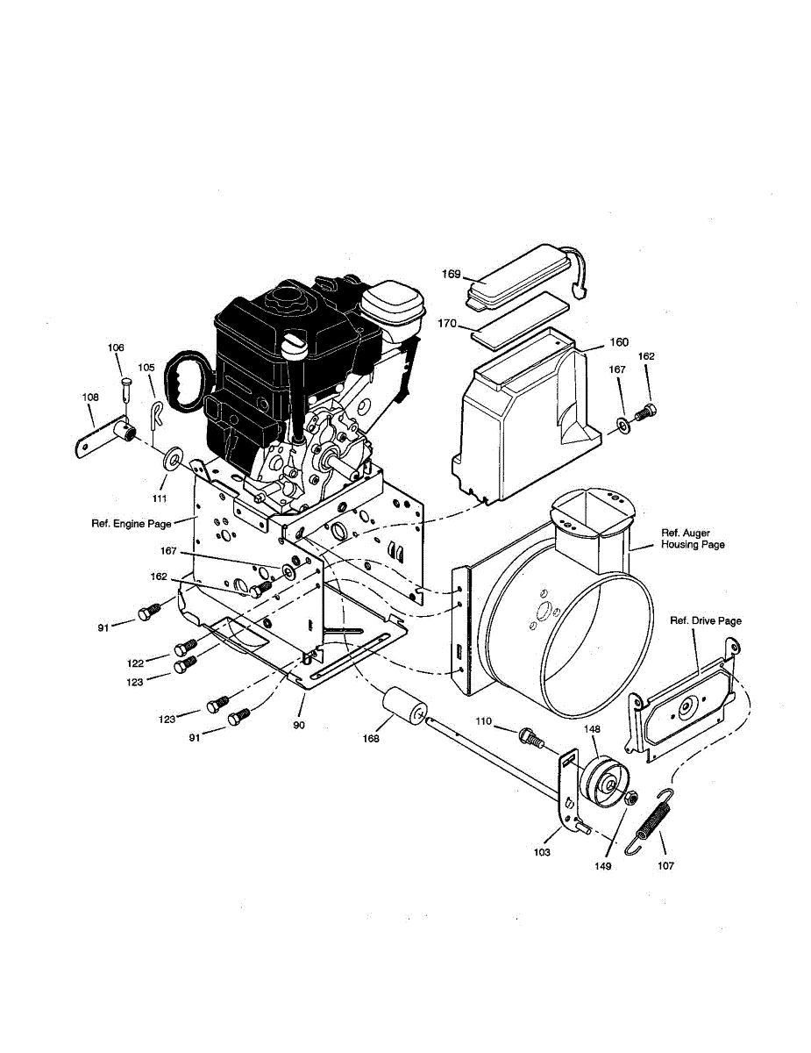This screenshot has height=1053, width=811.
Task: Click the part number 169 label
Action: [451, 275]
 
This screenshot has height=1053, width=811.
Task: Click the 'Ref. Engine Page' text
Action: [132, 524]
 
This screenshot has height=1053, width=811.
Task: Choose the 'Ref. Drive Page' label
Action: [706, 621]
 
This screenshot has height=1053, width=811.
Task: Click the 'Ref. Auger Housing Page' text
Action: [693, 539]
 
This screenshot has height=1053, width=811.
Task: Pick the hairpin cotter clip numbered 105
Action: [157, 412]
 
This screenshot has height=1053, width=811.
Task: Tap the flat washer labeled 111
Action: [172, 458]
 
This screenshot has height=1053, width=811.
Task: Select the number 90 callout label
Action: [299, 726]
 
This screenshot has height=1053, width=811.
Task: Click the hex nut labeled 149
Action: [630, 798]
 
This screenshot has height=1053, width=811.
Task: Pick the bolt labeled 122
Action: [185, 648]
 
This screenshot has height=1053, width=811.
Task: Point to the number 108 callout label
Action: [90, 398]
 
